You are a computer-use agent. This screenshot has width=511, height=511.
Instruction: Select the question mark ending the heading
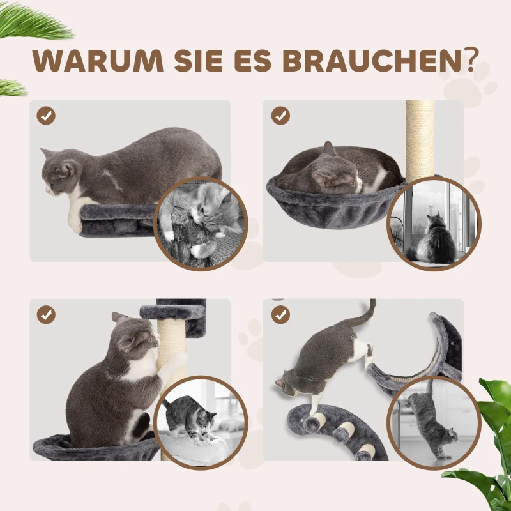(471, 59)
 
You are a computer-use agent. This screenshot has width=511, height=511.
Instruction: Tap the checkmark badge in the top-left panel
(47, 116)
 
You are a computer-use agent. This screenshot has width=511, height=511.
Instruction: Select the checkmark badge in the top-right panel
(280, 116)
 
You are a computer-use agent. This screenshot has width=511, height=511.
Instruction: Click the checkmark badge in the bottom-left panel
(47, 314)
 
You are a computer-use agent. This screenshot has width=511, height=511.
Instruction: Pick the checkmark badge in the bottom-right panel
(280, 314)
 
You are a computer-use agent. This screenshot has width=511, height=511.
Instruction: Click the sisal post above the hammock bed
(420, 137)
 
